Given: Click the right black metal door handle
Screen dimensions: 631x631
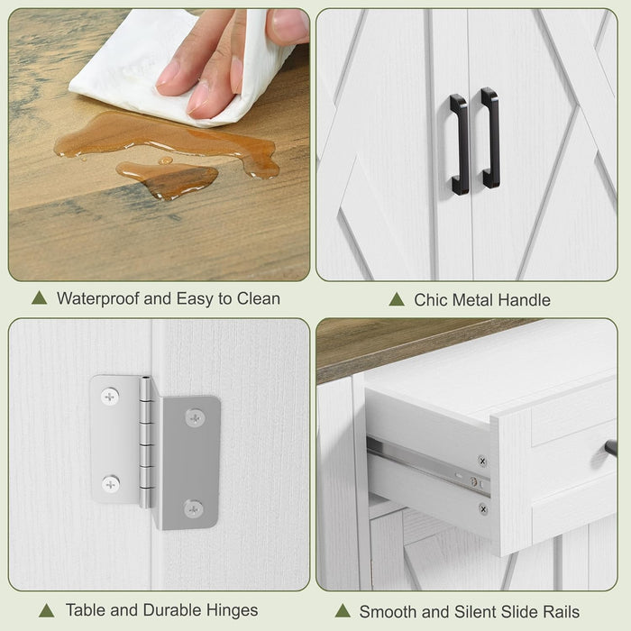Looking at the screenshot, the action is coord(492,138).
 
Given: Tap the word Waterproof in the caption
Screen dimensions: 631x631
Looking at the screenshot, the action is coord(98,299).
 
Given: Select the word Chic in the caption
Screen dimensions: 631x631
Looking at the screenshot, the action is coord(428,300).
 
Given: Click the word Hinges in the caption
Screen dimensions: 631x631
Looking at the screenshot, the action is coord(233,610).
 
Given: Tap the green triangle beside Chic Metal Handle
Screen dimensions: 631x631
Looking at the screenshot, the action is coord(397,299).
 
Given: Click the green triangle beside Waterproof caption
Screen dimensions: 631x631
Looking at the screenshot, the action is coord(40,297).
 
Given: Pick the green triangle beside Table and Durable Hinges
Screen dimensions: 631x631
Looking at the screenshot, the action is coord(47,610).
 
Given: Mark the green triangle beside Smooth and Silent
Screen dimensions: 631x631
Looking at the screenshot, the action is coord(343,610).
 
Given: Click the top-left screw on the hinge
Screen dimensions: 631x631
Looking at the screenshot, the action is coord(110,397).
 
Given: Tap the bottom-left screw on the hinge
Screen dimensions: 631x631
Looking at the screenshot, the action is coord(111,484).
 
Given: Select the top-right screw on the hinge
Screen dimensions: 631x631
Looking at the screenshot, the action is coord(196,418).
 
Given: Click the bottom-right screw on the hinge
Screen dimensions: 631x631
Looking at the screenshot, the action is coord(194,509).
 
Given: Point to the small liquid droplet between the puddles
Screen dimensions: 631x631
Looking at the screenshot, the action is coord(165,160).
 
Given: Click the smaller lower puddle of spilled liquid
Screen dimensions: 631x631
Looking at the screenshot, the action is coord(168,179).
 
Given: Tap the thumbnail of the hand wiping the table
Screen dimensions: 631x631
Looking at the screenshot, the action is coord(159,144).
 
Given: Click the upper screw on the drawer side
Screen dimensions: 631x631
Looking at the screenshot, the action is coord(482,462).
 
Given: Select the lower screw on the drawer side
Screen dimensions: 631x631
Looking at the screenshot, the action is coord(483,509).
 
